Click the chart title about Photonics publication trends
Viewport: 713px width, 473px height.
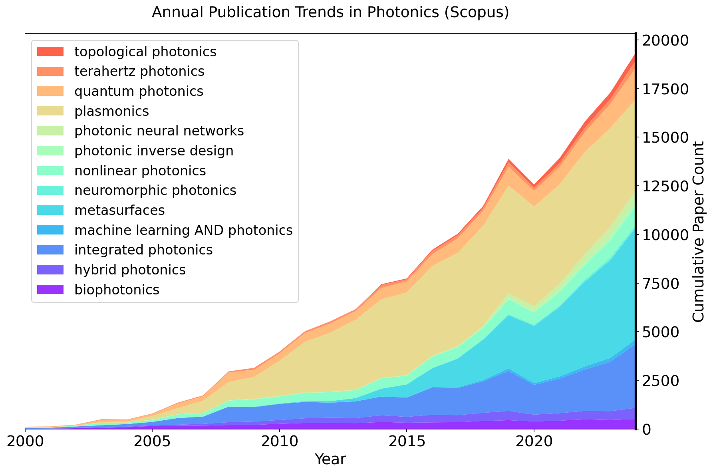pyautogui.click(x=330, y=13)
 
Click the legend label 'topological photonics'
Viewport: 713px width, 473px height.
pyautogui.click(x=145, y=52)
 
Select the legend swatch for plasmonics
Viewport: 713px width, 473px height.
pyautogui.click(x=50, y=111)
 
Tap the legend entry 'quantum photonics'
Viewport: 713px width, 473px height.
pyautogui.click(x=139, y=91)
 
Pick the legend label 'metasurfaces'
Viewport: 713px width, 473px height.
pyautogui.click(x=119, y=210)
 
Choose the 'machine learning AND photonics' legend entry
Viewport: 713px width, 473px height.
pyautogui.click(x=183, y=230)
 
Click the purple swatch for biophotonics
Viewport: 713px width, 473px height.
pyautogui.click(x=50, y=290)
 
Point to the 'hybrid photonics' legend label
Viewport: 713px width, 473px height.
pyautogui.click(x=130, y=270)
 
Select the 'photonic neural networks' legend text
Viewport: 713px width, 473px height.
pyautogui.click(x=159, y=131)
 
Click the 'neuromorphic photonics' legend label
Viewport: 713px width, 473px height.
pyautogui.click(x=155, y=190)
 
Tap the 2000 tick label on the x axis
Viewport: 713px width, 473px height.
pyautogui.click(x=25, y=442)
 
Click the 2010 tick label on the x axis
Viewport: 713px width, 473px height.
pyautogui.click(x=279, y=442)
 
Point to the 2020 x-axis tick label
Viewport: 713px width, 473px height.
pyautogui.click(x=534, y=442)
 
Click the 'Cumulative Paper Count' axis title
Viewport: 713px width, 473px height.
pyautogui.click(x=698, y=231)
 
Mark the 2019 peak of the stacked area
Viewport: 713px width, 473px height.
pyautogui.click(x=508, y=160)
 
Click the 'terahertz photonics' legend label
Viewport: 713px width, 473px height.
pyautogui.click(x=139, y=72)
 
